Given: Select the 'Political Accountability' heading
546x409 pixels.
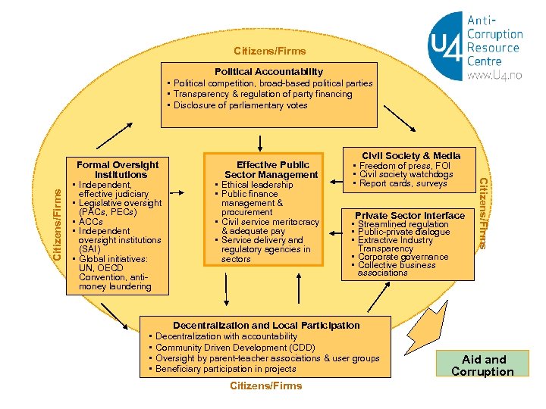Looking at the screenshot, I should click(x=268, y=71).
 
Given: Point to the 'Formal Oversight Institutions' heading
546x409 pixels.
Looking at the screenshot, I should click(x=118, y=170).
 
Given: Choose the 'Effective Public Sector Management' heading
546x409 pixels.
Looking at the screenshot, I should click(x=271, y=170).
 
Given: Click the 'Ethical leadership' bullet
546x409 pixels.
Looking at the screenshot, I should click(x=257, y=185).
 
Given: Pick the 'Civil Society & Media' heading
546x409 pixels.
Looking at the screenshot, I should click(x=412, y=155).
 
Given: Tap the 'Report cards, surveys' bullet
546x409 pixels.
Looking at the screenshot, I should click(x=403, y=183).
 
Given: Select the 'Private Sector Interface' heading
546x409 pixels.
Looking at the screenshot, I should click(x=409, y=216).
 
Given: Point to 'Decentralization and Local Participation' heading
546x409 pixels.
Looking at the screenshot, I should click(x=266, y=325).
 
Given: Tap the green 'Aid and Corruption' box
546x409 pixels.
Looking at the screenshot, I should click(x=482, y=365).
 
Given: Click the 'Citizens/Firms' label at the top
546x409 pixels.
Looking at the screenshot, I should click(x=270, y=52).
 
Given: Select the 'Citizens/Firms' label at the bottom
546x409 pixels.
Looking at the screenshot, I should click(x=265, y=386).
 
